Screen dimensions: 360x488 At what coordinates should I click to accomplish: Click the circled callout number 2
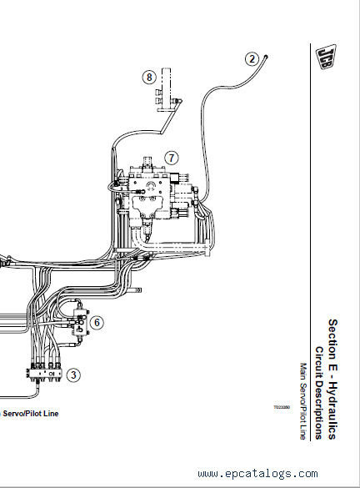point(252,59)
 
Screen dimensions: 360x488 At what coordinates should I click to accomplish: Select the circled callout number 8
point(149,77)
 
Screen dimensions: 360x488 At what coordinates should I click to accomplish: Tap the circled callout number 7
point(172,158)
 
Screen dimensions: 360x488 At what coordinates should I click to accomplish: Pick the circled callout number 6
point(97,323)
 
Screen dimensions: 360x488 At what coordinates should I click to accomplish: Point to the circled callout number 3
point(73,375)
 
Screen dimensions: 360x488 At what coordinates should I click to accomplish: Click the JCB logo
point(327,58)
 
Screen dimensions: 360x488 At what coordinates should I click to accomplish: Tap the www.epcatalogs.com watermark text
point(257,474)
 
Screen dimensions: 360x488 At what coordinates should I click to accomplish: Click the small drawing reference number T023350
point(282,407)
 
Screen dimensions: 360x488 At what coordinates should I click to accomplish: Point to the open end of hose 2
point(266,57)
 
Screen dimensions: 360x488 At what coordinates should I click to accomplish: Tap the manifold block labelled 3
point(44,373)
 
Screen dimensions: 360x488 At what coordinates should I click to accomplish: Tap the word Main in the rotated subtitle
point(303,370)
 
